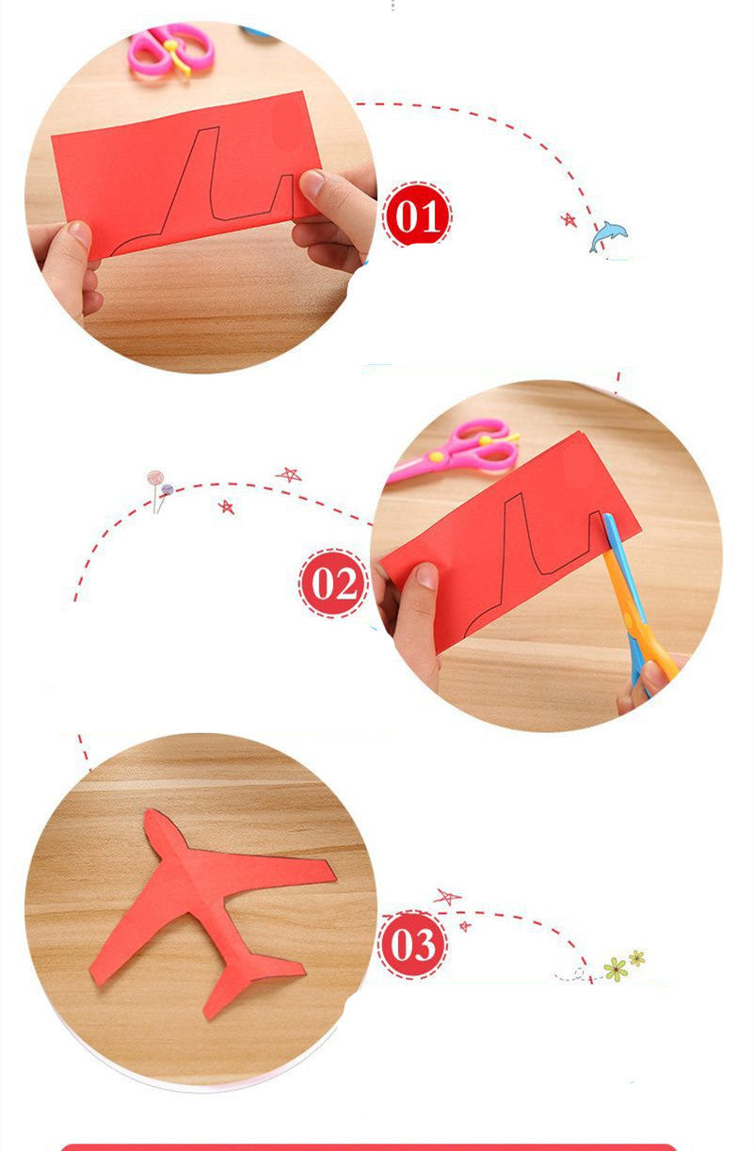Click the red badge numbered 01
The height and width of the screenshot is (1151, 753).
(x=417, y=216)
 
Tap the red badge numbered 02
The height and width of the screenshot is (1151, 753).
(x=333, y=583)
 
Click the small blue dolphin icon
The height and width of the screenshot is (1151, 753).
(x=607, y=235)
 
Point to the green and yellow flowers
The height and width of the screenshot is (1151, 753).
(x=622, y=966)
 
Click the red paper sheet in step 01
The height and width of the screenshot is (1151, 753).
(x=179, y=174)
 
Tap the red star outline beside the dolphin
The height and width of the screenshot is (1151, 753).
(x=569, y=219)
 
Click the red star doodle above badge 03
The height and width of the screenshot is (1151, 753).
(x=446, y=896)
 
